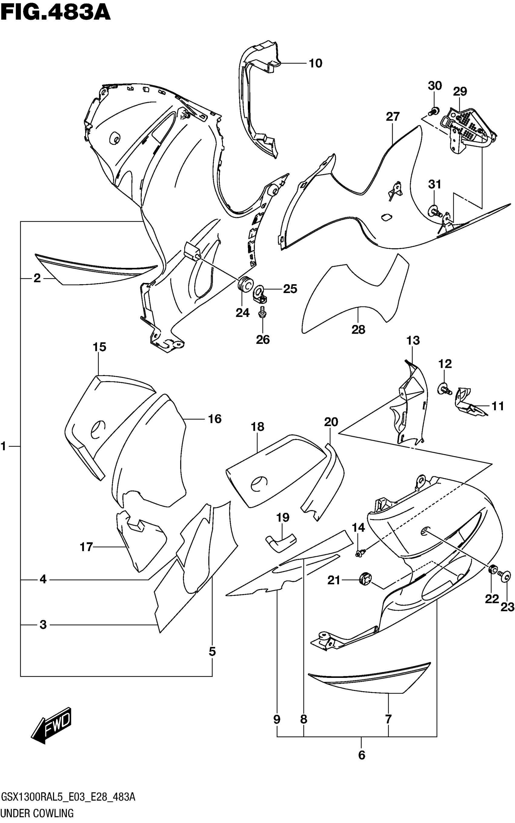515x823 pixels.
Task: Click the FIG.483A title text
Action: [x=55, y=14]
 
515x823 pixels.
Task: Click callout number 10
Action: [x=315, y=63]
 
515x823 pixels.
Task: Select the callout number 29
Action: [x=460, y=91]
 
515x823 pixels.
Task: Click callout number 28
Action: [x=358, y=330]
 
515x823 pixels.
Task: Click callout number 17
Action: [x=86, y=547]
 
